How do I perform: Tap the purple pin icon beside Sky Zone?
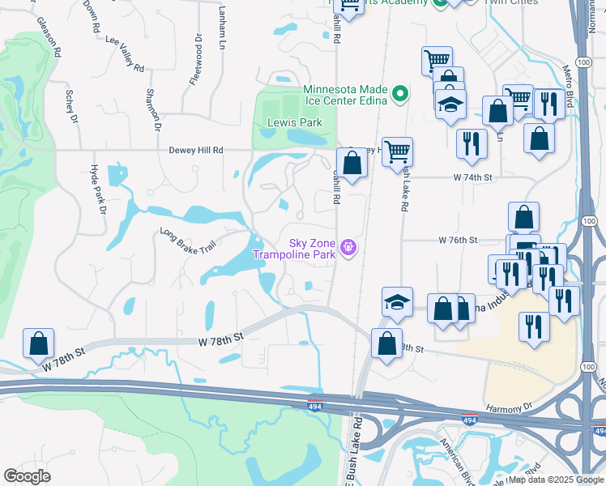[348, 246]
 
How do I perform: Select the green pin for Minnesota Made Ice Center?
[399, 95]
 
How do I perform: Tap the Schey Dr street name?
[71, 106]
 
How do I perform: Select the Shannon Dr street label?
[153, 109]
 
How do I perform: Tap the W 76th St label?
[459, 241]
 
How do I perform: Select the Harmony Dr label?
[508, 407]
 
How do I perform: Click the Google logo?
[27, 476]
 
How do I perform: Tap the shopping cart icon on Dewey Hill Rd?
[398, 150]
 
